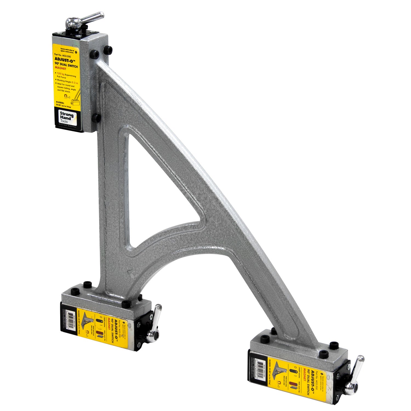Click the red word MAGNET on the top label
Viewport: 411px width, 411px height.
point(61,69)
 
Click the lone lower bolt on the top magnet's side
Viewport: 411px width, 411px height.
point(96,118)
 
